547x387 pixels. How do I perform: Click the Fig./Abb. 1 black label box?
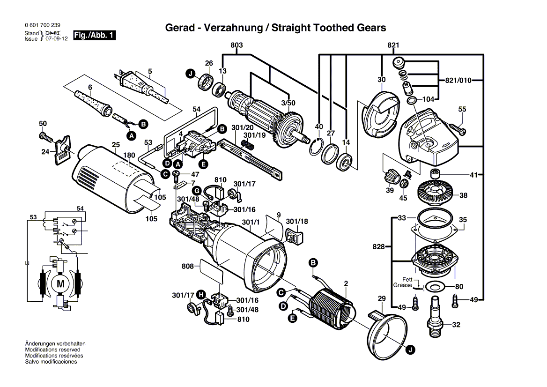(x=94, y=35)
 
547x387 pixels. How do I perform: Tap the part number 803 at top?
(x=237, y=45)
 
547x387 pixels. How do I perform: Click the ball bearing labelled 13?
(x=218, y=89)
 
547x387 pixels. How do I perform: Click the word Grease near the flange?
(x=403, y=285)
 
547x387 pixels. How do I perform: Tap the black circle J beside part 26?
(x=190, y=74)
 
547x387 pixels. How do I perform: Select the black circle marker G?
(x=197, y=191)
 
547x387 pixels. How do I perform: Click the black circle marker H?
(x=201, y=295)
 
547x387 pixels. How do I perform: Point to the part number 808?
(x=188, y=266)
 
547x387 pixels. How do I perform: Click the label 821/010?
(x=458, y=80)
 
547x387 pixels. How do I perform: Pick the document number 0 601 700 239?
(x=43, y=25)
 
